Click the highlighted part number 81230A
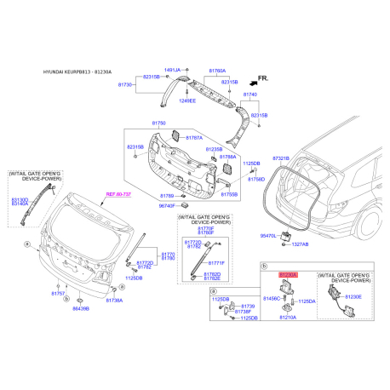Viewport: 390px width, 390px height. coord(288,275)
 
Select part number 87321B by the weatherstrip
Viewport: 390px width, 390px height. coord(283,158)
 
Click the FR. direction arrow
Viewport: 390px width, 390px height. coord(261,78)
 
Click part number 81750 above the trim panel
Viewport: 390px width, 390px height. coord(135,124)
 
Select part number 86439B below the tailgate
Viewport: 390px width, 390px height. coord(80,308)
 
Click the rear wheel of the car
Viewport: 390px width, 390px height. coord(373,229)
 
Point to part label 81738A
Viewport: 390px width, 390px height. coord(116,301)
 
